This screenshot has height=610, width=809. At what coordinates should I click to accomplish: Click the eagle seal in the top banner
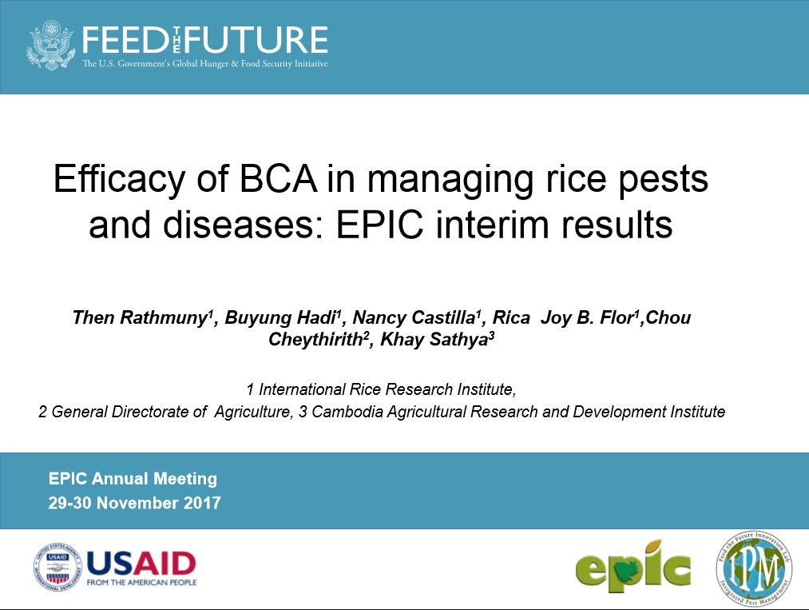51,46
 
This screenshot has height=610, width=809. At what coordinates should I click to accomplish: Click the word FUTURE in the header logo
270,39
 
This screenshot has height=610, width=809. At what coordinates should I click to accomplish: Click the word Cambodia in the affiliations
349,413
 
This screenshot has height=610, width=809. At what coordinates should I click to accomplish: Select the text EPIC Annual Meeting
133,479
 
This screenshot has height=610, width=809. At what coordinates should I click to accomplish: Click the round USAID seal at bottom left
58,567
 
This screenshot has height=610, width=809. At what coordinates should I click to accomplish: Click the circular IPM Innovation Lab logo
753,568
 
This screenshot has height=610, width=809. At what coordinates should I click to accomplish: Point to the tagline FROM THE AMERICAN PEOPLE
141,582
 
